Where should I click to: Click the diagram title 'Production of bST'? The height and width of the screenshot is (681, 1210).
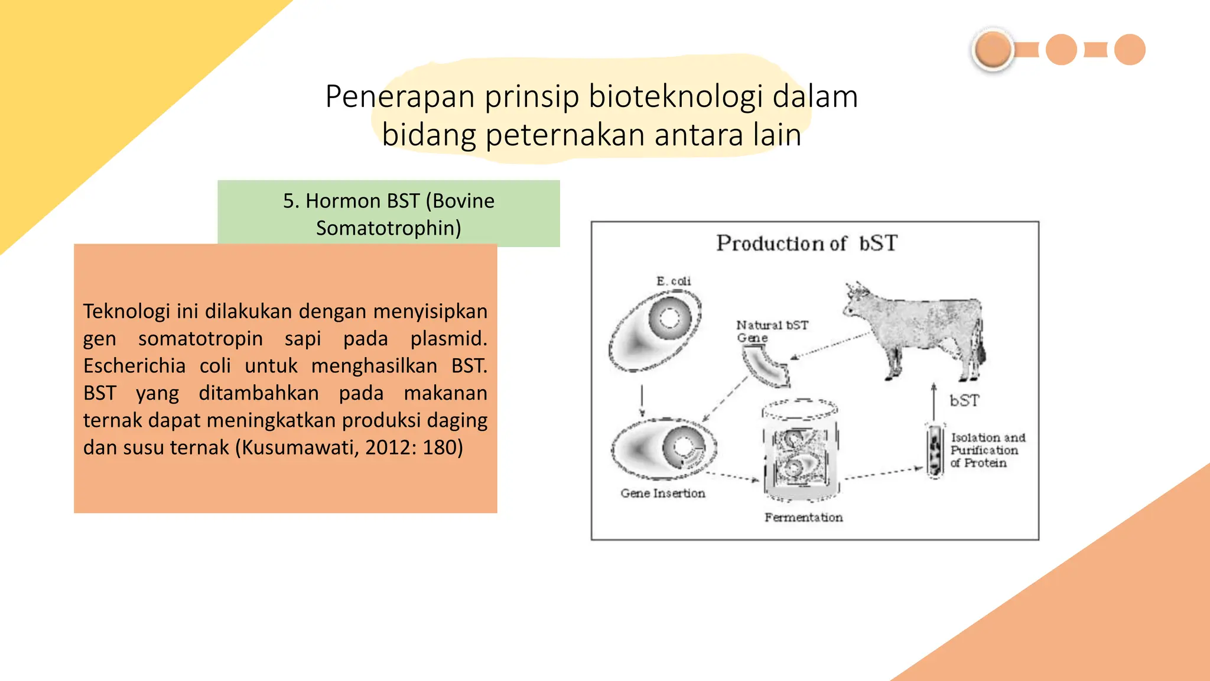[806, 244]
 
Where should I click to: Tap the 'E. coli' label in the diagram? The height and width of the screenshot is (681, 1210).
[673, 281]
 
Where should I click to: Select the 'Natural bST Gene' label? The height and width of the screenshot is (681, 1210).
[770, 331]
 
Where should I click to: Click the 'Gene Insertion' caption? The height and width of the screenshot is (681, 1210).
[662, 494]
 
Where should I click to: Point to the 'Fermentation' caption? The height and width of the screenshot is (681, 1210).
[803, 518]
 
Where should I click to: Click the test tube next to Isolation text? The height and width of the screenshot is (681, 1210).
[935, 450]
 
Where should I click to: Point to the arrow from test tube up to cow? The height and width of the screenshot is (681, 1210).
[933, 402]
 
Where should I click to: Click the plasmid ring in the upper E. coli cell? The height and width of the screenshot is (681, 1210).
[669, 318]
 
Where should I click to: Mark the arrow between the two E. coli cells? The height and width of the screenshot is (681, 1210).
[642, 401]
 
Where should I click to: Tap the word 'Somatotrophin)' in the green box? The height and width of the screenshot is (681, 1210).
[388, 228]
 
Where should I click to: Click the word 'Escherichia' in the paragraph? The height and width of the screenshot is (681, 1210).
[134, 366]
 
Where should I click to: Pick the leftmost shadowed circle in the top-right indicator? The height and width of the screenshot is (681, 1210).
[993, 50]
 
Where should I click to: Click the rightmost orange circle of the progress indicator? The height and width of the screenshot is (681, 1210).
[1130, 50]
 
